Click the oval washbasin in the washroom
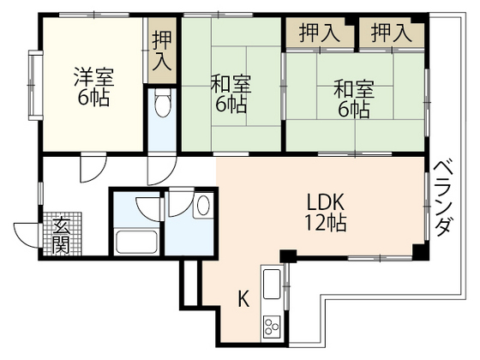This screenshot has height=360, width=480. (202, 207)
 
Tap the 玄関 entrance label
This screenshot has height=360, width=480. (62, 235)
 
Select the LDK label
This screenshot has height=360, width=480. (327, 204)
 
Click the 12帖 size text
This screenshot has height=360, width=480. (327, 225)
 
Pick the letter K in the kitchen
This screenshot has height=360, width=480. (243, 299)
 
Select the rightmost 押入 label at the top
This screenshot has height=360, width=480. (392, 33)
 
